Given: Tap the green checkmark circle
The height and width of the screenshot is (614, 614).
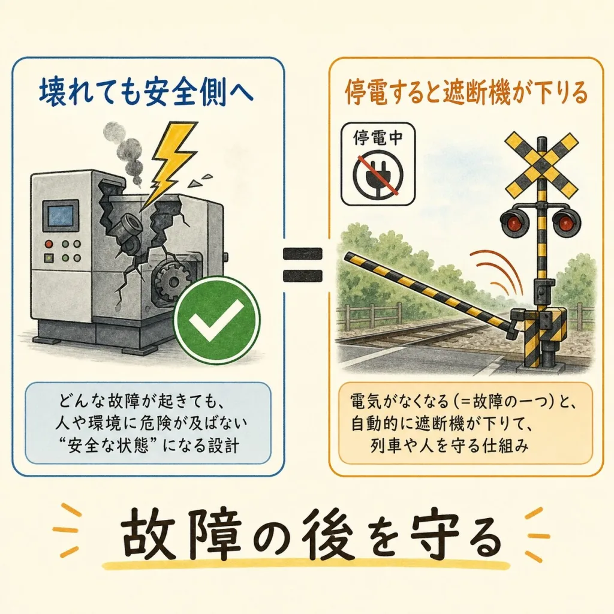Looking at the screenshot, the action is tap(216, 320).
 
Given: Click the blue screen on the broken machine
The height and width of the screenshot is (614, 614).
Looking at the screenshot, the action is tap(61, 216).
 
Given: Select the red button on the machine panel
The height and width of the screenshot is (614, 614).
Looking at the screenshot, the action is tap(49, 244).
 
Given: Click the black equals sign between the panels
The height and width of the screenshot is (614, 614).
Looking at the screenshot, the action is tap(303, 264).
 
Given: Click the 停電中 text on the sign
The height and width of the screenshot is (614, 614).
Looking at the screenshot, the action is tap(378, 137).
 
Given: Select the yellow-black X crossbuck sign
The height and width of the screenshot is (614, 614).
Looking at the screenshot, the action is tap(542, 164).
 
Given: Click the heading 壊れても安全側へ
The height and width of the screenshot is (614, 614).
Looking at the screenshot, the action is tap(146, 93).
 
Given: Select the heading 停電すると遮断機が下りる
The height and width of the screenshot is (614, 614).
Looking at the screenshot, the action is tap(466, 92).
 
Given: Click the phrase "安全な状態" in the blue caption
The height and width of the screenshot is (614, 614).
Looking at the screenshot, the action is tap(106, 446).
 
